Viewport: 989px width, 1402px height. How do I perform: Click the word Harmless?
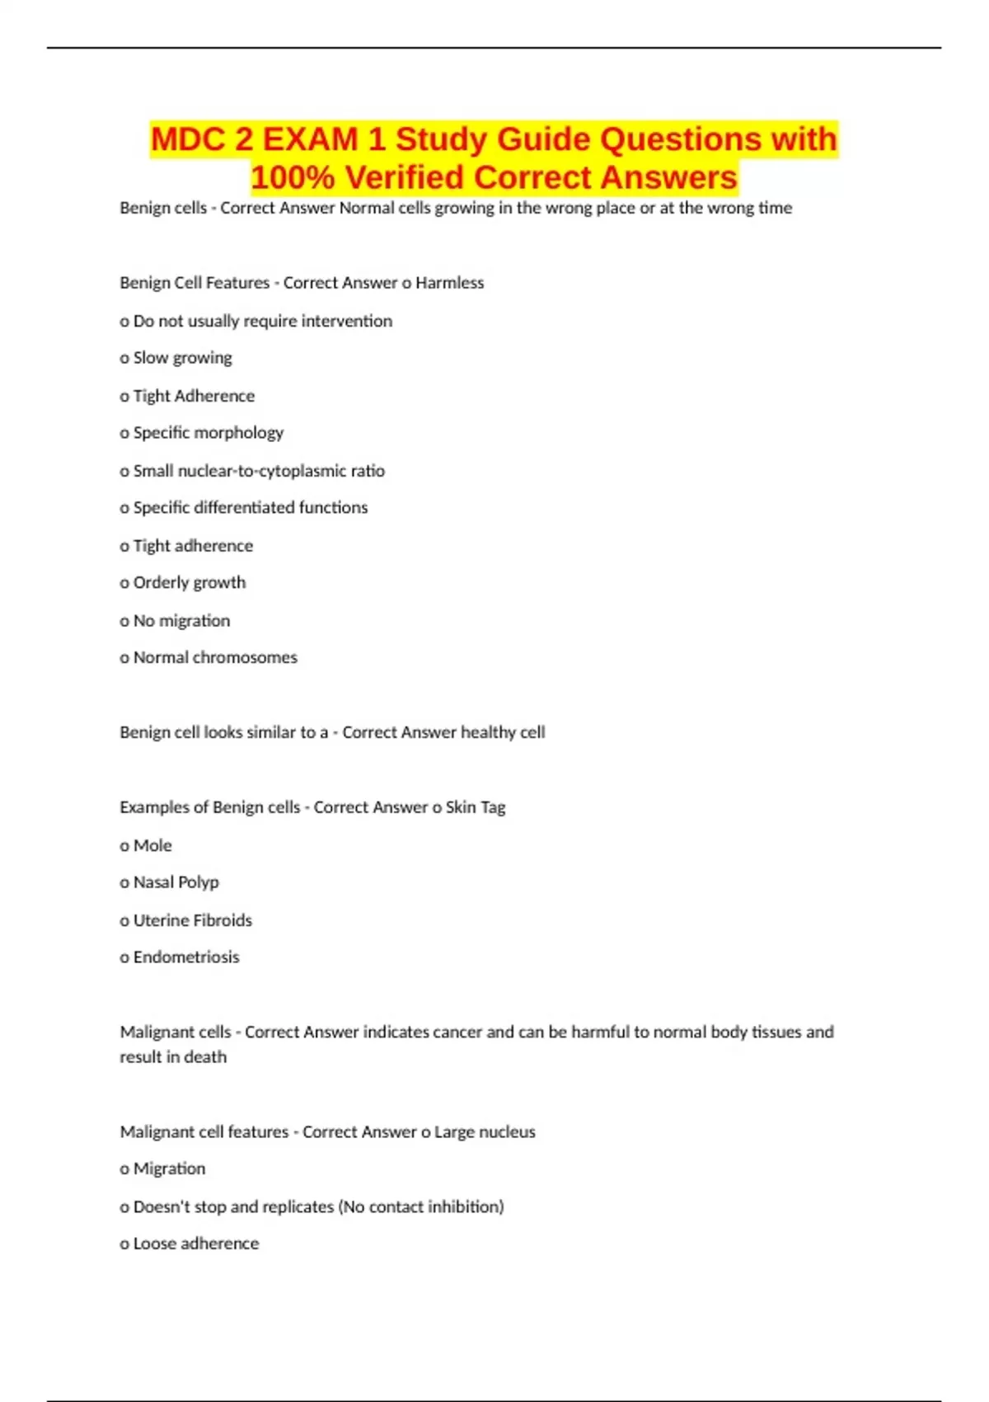(x=449, y=283)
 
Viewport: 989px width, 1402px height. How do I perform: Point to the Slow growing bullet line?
(x=176, y=358)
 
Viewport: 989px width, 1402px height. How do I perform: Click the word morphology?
(x=244, y=433)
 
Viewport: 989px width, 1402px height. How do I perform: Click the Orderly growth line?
(x=183, y=583)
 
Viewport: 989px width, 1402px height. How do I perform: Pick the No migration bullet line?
(x=175, y=621)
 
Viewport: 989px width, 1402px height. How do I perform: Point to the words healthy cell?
(x=503, y=732)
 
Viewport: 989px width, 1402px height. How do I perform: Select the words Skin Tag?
(x=476, y=807)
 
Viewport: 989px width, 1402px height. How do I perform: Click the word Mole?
(x=152, y=845)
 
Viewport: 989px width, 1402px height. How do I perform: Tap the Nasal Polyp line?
(x=170, y=882)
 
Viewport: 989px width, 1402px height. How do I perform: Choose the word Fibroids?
(x=222, y=920)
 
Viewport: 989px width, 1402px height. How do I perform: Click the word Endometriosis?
(x=186, y=957)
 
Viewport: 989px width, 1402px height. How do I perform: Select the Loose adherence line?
(x=190, y=1244)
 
